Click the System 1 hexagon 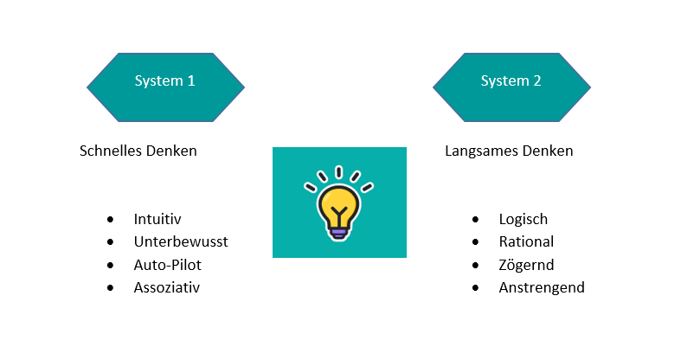[x=165, y=87]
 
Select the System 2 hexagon [x=511, y=87]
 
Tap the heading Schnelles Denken [x=138, y=151]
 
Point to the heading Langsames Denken [x=509, y=151]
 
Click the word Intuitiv [x=157, y=219]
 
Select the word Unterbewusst [x=181, y=241]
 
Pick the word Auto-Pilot [x=168, y=264]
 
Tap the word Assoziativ [x=167, y=286]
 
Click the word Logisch [x=524, y=219]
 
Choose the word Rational [x=526, y=241]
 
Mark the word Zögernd [x=526, y=264]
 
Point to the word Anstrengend [x=542, y=286]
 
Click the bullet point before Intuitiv [x=110, y=220]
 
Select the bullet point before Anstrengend [x=475, y=287]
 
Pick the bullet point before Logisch [x=475, y=220]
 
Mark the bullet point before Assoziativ [x=110, y=287]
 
